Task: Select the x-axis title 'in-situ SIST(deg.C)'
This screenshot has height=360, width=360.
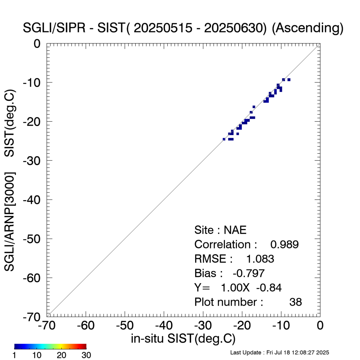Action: pyautogui.click(x=183, y=338)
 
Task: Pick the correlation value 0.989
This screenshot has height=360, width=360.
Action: pyautogui.click(x=284, y=245)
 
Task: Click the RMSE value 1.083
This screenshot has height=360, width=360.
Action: pyautogui.click(x=260, y=259)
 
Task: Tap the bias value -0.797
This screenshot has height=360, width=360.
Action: pyautogui.click(x=249, y=273)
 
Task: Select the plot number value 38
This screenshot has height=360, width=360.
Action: pyautogui.click(x=296, y=302)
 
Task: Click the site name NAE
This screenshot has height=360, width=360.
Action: pyautogui.click(x=235, y=230)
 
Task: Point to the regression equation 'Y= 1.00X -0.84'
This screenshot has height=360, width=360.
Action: pyautogui.click(x=238, y=288)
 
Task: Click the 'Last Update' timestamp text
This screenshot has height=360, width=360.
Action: pyautogui.click(x=279, y=352)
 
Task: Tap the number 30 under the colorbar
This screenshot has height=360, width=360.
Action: pyautogui.click(x=86, y=355)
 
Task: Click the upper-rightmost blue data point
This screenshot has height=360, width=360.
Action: pyautogui.click(x=289, y=80)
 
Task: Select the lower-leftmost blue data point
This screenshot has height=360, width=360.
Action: pyautogui.click(x=224, y=139)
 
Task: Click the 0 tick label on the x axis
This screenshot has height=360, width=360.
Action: pyautogui.click(x=320, y=326)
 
